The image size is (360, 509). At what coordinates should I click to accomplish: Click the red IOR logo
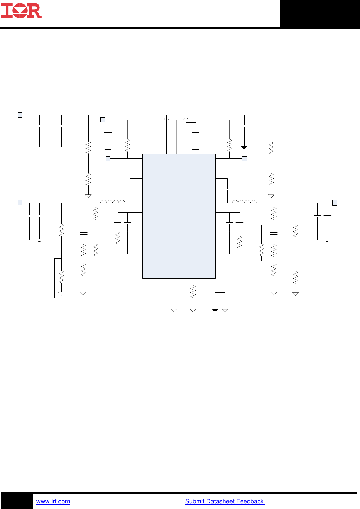(x=21, y=11)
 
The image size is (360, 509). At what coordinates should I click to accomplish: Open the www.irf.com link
(x=53, y=501)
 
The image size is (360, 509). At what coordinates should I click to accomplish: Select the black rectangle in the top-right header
(x=319, y=13)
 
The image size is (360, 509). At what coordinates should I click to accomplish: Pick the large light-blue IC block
(x=179, y=216)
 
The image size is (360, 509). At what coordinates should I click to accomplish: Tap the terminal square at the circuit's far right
(x=335, y=203)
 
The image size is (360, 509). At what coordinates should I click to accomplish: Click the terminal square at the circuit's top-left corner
(x=20, y=115)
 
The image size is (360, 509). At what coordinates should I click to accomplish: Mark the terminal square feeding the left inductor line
(x=20, y=203)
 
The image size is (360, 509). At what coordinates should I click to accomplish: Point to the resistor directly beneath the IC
(x=193, y=291)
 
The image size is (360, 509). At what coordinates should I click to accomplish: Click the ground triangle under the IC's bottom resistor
(x=193, y=310)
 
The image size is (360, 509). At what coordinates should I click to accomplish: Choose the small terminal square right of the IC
(x=244, y=159)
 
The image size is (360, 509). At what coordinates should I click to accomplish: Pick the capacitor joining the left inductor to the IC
(x=130, y=189)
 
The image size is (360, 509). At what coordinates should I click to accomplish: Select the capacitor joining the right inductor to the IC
(x=227, y=189)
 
